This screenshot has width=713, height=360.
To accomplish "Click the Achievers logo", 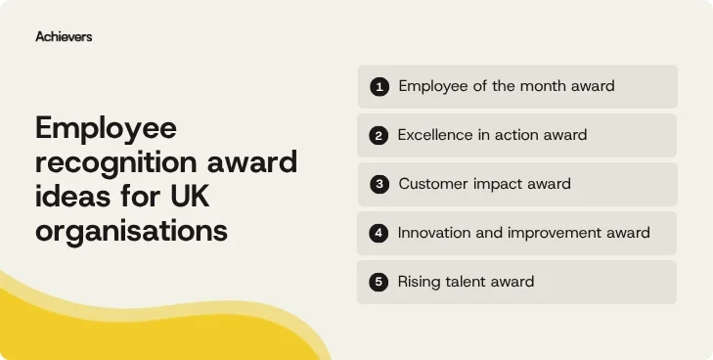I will [x=64, y=36].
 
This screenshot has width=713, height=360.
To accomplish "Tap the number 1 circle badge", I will [x=379, y=86].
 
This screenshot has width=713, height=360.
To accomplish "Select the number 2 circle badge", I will [x=379, y=135].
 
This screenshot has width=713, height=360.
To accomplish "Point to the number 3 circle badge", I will [x=379, y=184].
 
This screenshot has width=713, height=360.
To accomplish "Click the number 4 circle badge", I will [x=379, y=233].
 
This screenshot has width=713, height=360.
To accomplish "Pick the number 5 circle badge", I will [x=379, y=282].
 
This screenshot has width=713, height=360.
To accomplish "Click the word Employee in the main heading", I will [x=106, y=128].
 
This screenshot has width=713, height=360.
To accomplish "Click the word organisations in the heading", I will [x=131, y=231].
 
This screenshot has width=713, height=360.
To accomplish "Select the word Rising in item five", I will [x=420, y=282].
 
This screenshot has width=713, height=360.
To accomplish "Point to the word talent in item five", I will [x=469, y=282].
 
